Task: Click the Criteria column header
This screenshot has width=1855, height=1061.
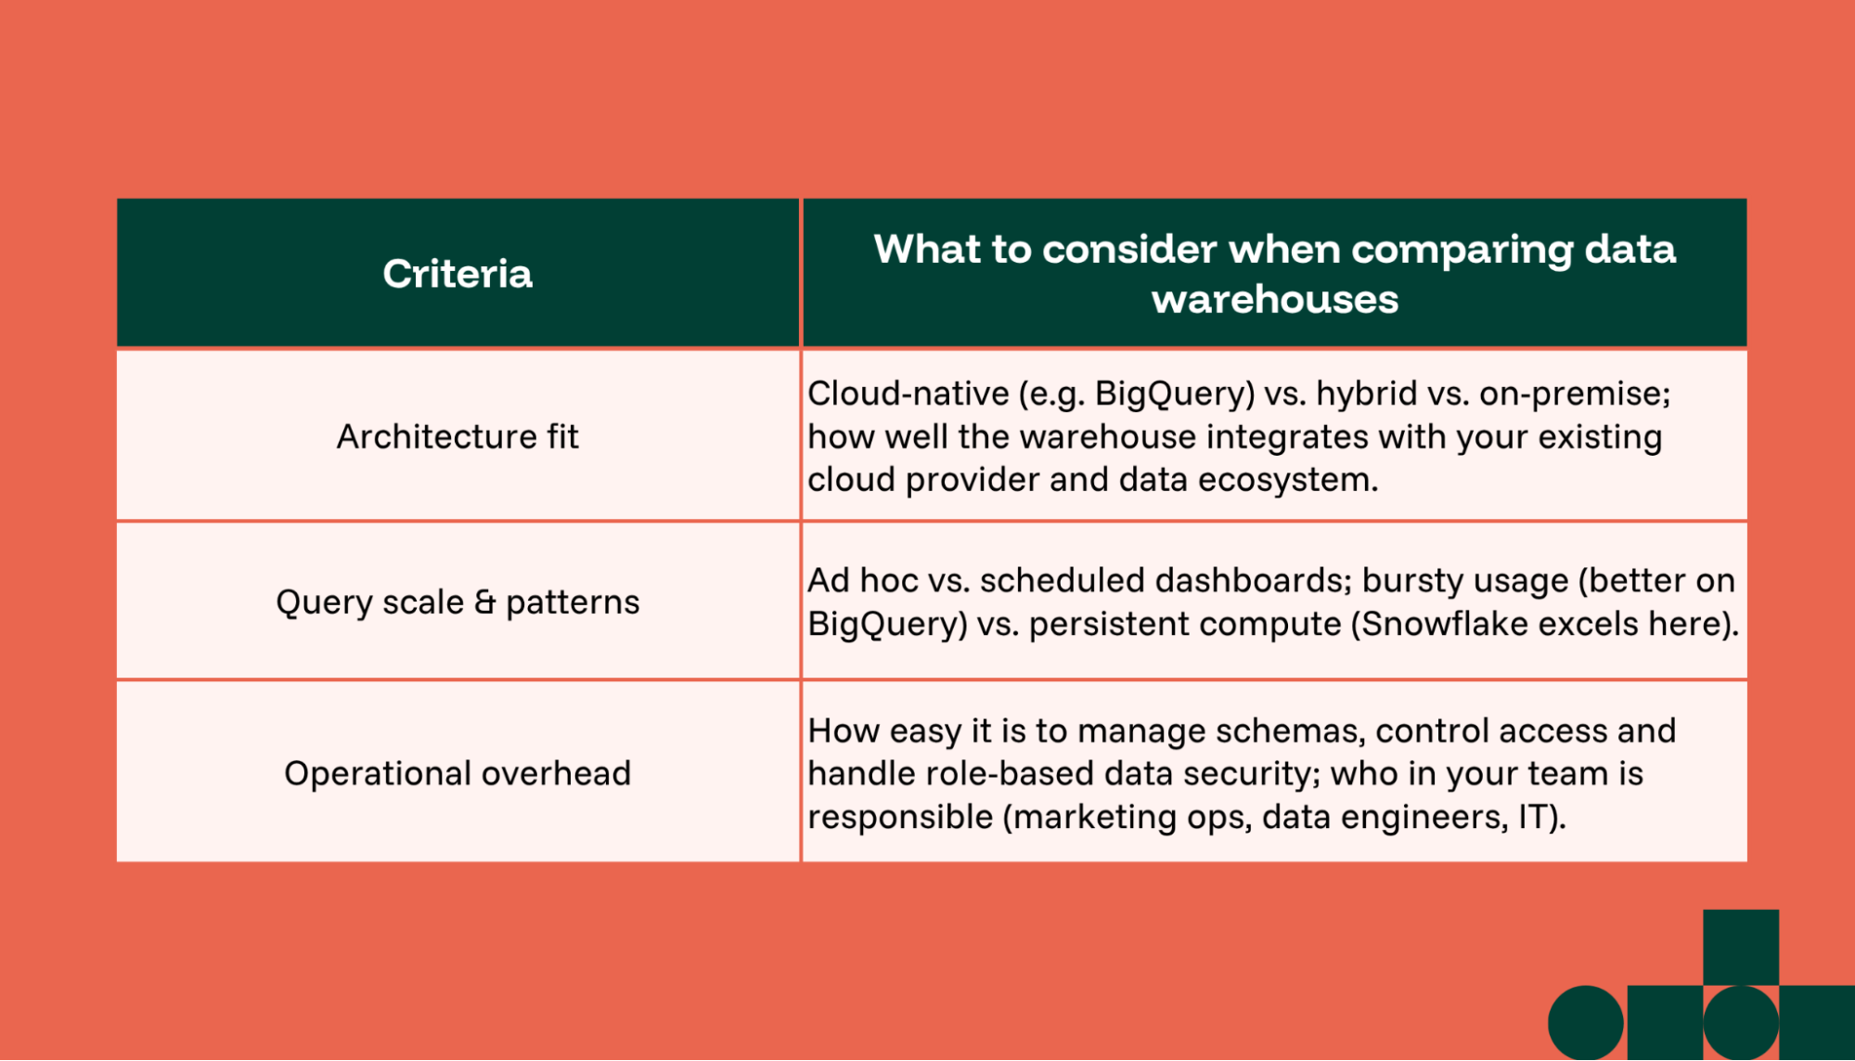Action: click(x=457, y=274)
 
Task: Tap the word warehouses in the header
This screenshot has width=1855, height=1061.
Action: click(x=1274, y=300)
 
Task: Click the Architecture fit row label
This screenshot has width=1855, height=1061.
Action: click(x=457, y=436)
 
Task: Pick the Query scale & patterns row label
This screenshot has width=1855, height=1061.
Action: click(x=457, y=602)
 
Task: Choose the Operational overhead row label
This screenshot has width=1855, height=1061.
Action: click(x=457, y=773)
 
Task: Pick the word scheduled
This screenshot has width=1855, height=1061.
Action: click(x=1062, y=580)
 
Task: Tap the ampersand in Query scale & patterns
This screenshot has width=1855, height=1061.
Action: click(x=484, y=602)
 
